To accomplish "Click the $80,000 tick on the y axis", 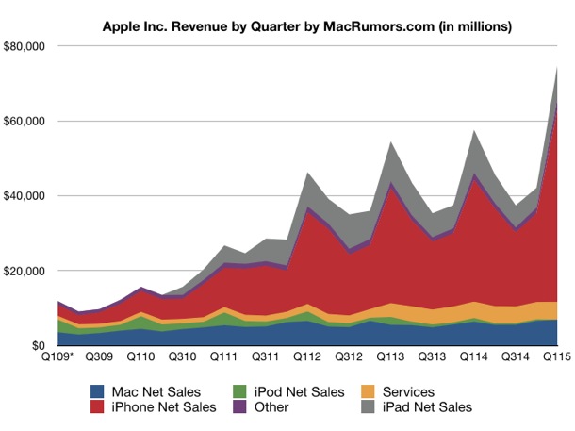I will click(28, 46).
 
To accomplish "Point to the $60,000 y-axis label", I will click(28, 122).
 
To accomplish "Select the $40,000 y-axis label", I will click(28, 196).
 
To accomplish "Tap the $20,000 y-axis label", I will click(28, 271).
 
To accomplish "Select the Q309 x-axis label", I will click(100, 358).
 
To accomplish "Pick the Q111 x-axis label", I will click(222, 358).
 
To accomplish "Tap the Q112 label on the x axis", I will click(305, 358).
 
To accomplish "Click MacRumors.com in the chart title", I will click(374, 25).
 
